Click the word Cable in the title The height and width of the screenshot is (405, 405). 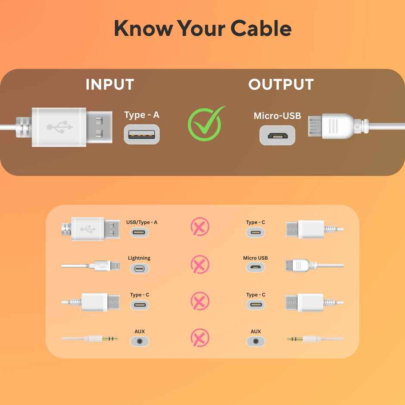coord(261,28)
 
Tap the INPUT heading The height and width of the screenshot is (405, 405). coord(109,84)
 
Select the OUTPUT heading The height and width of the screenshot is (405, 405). coord(281,84)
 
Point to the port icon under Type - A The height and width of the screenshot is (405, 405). coord(142,134)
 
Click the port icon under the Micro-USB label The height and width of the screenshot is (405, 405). coord(277,135)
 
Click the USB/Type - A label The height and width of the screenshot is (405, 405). coord(142,222)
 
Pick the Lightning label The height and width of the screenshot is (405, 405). coord(139,258)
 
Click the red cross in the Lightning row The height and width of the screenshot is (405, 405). coord(200,264)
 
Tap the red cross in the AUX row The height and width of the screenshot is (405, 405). coord(200,338)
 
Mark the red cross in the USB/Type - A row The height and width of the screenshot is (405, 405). coord(200,227)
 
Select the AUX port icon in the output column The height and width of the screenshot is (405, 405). coord(256,341)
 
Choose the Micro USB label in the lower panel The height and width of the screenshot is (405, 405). coord(255,258)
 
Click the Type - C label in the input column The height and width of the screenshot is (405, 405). coord(140,295)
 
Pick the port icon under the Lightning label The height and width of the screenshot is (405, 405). coord(139,269)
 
